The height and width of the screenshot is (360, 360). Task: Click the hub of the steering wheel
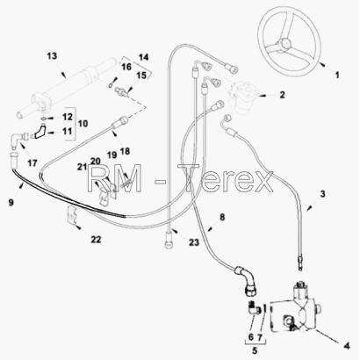[284, 44]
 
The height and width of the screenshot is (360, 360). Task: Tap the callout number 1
[337, 76]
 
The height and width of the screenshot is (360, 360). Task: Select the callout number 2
[282, 95]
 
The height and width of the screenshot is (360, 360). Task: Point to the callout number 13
[52, 55]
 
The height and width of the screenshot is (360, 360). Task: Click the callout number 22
[96, 240]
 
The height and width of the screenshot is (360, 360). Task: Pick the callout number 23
[194, 242]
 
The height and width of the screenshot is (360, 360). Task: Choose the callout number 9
[11, 202]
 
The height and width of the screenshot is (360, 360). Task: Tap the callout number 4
[347, 346]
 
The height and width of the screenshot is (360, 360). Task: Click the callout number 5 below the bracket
[255, 350]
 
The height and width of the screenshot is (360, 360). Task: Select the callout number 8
[222, 217]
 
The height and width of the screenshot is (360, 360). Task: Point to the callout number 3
[322, 194]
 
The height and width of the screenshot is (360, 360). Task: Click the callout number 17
[32, 162]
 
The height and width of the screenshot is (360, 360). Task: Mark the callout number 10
[83, 123]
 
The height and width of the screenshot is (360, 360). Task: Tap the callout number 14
[143, 57]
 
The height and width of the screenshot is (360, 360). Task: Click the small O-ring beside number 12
[43, 119]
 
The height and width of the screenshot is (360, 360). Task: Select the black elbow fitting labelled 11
[39, 133]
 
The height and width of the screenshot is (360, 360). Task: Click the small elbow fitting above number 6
[252, 308]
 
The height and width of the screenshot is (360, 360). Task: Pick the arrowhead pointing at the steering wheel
[321, 64]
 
